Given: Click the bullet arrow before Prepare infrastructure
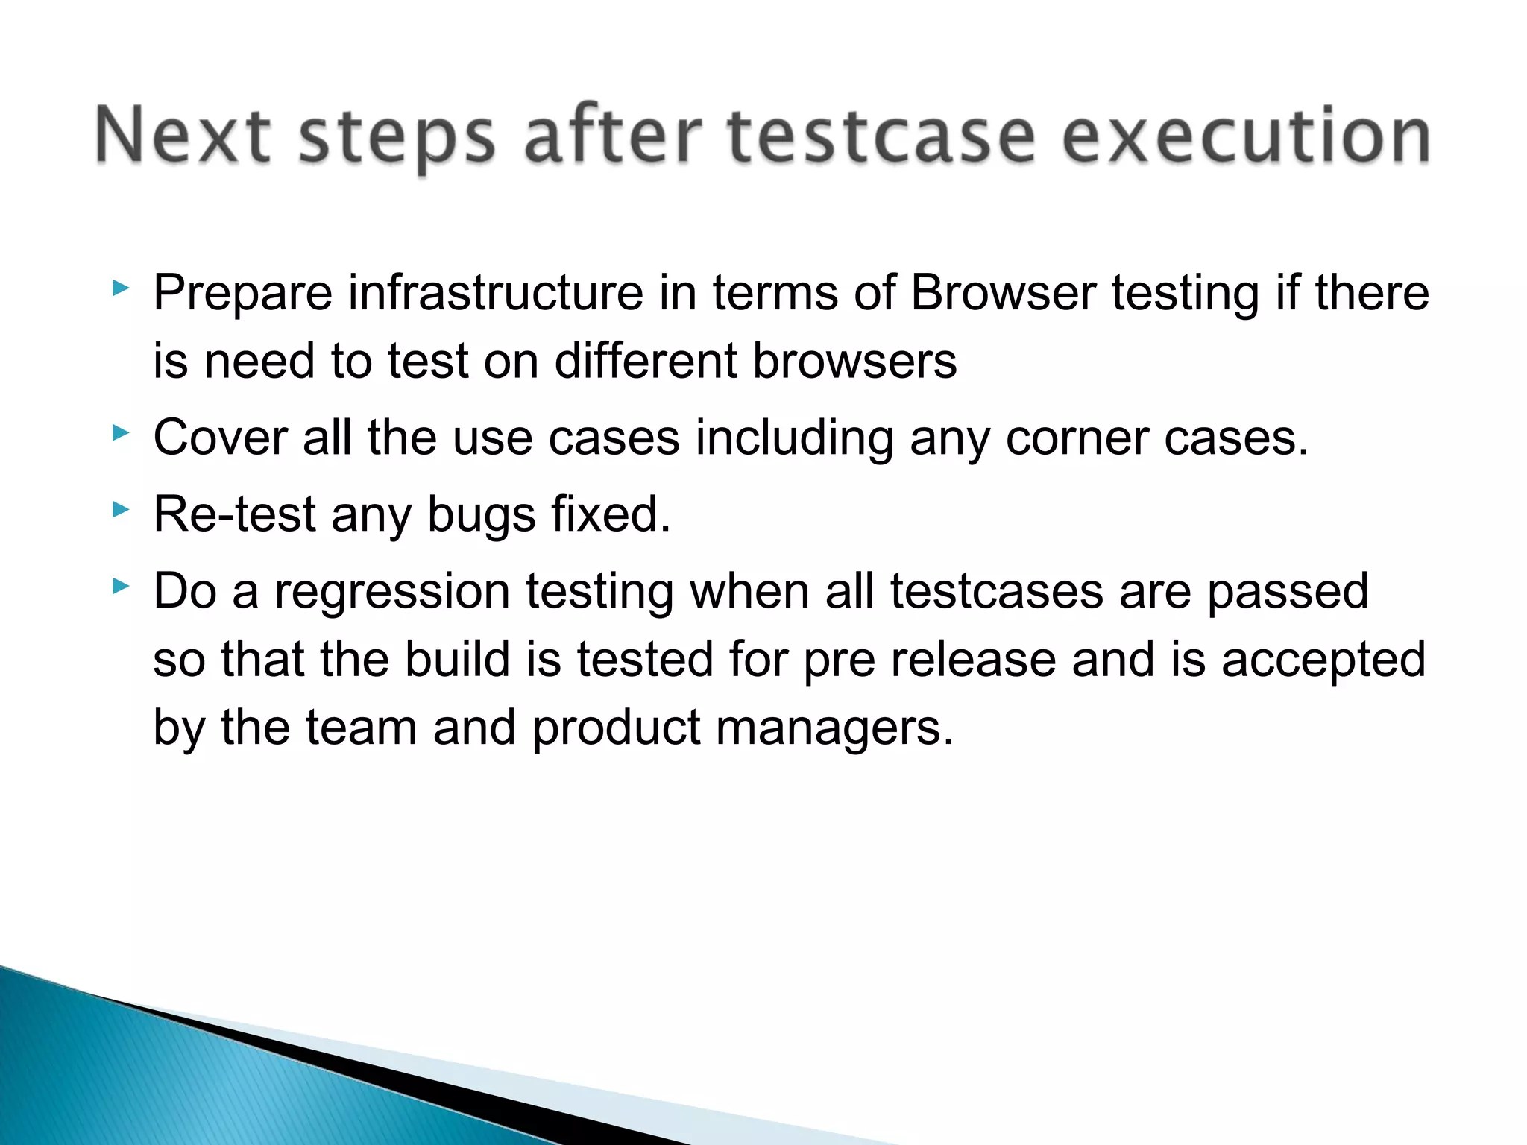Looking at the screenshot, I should (x=120, y=288).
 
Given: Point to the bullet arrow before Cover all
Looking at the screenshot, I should (x=120, y=432).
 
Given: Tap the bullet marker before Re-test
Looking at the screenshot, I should (x=120, y=510).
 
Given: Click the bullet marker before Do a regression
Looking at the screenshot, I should (x=120, y=587).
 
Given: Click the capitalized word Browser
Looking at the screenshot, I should (x=1003, y=292).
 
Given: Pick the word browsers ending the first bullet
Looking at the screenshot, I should (x=854, y=362).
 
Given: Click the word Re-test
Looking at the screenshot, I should (x=235, y=514).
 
